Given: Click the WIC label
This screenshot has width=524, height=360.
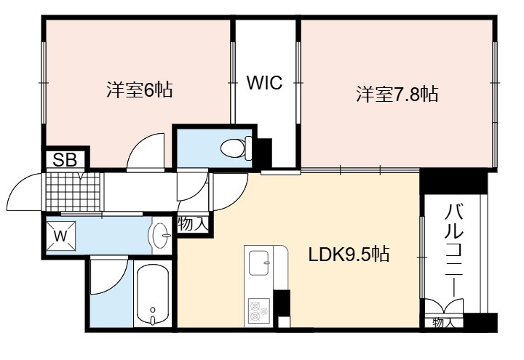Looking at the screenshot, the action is [264, 82].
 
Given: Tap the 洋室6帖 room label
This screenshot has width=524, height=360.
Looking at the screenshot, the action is [140, 89].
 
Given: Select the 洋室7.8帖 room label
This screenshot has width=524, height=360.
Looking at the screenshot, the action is [397, 94].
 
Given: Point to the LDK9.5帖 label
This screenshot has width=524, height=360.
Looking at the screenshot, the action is [349, 255].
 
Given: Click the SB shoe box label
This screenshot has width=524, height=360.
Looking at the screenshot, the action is [65, 159].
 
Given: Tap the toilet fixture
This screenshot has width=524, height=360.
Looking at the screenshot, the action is [237, 148].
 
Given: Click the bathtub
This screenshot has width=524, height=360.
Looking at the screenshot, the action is [153, 295].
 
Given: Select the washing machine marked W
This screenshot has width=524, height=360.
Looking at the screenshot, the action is [60, 236].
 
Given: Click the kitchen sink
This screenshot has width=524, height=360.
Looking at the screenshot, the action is [259, 262].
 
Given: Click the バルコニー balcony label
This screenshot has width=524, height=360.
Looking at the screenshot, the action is [454, 251].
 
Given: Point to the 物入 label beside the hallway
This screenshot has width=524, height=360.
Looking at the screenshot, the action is [193, 223].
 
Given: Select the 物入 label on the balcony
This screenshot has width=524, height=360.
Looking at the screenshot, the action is [443, 323].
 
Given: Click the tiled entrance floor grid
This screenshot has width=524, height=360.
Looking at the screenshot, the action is [74, 191].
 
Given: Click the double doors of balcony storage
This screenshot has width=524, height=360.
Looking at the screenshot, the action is [444, 306].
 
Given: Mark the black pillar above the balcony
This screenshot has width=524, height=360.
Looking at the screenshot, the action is [453, 180].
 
